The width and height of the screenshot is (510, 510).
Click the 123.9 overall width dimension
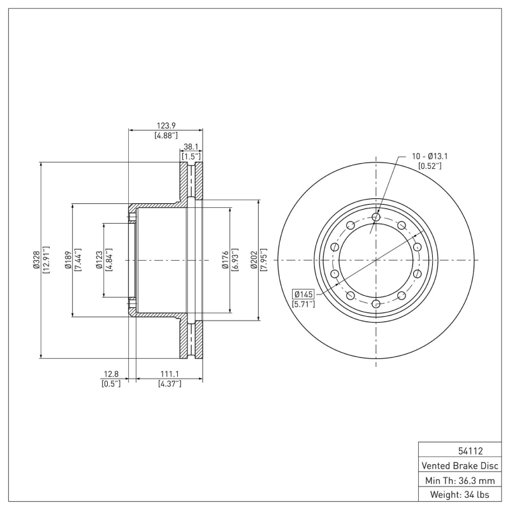click(x=166, y=126)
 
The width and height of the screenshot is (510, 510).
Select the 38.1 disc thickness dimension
click(x=191, y=147)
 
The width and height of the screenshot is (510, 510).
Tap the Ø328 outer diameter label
click(x=36, y=260)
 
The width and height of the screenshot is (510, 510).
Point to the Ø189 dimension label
click(x=68, y=260)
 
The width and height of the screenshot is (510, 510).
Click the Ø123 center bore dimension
click(x=99, y=260)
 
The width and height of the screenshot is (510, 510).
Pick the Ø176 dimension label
click(x=225, y=260)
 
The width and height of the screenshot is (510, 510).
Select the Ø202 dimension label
click(x=254, y=260)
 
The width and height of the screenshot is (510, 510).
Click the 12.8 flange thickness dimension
click(x=111, y=374)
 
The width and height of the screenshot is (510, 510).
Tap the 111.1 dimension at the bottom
click(x=170, y=374)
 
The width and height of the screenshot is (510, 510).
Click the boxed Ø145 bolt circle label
click(x=303, y=295)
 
